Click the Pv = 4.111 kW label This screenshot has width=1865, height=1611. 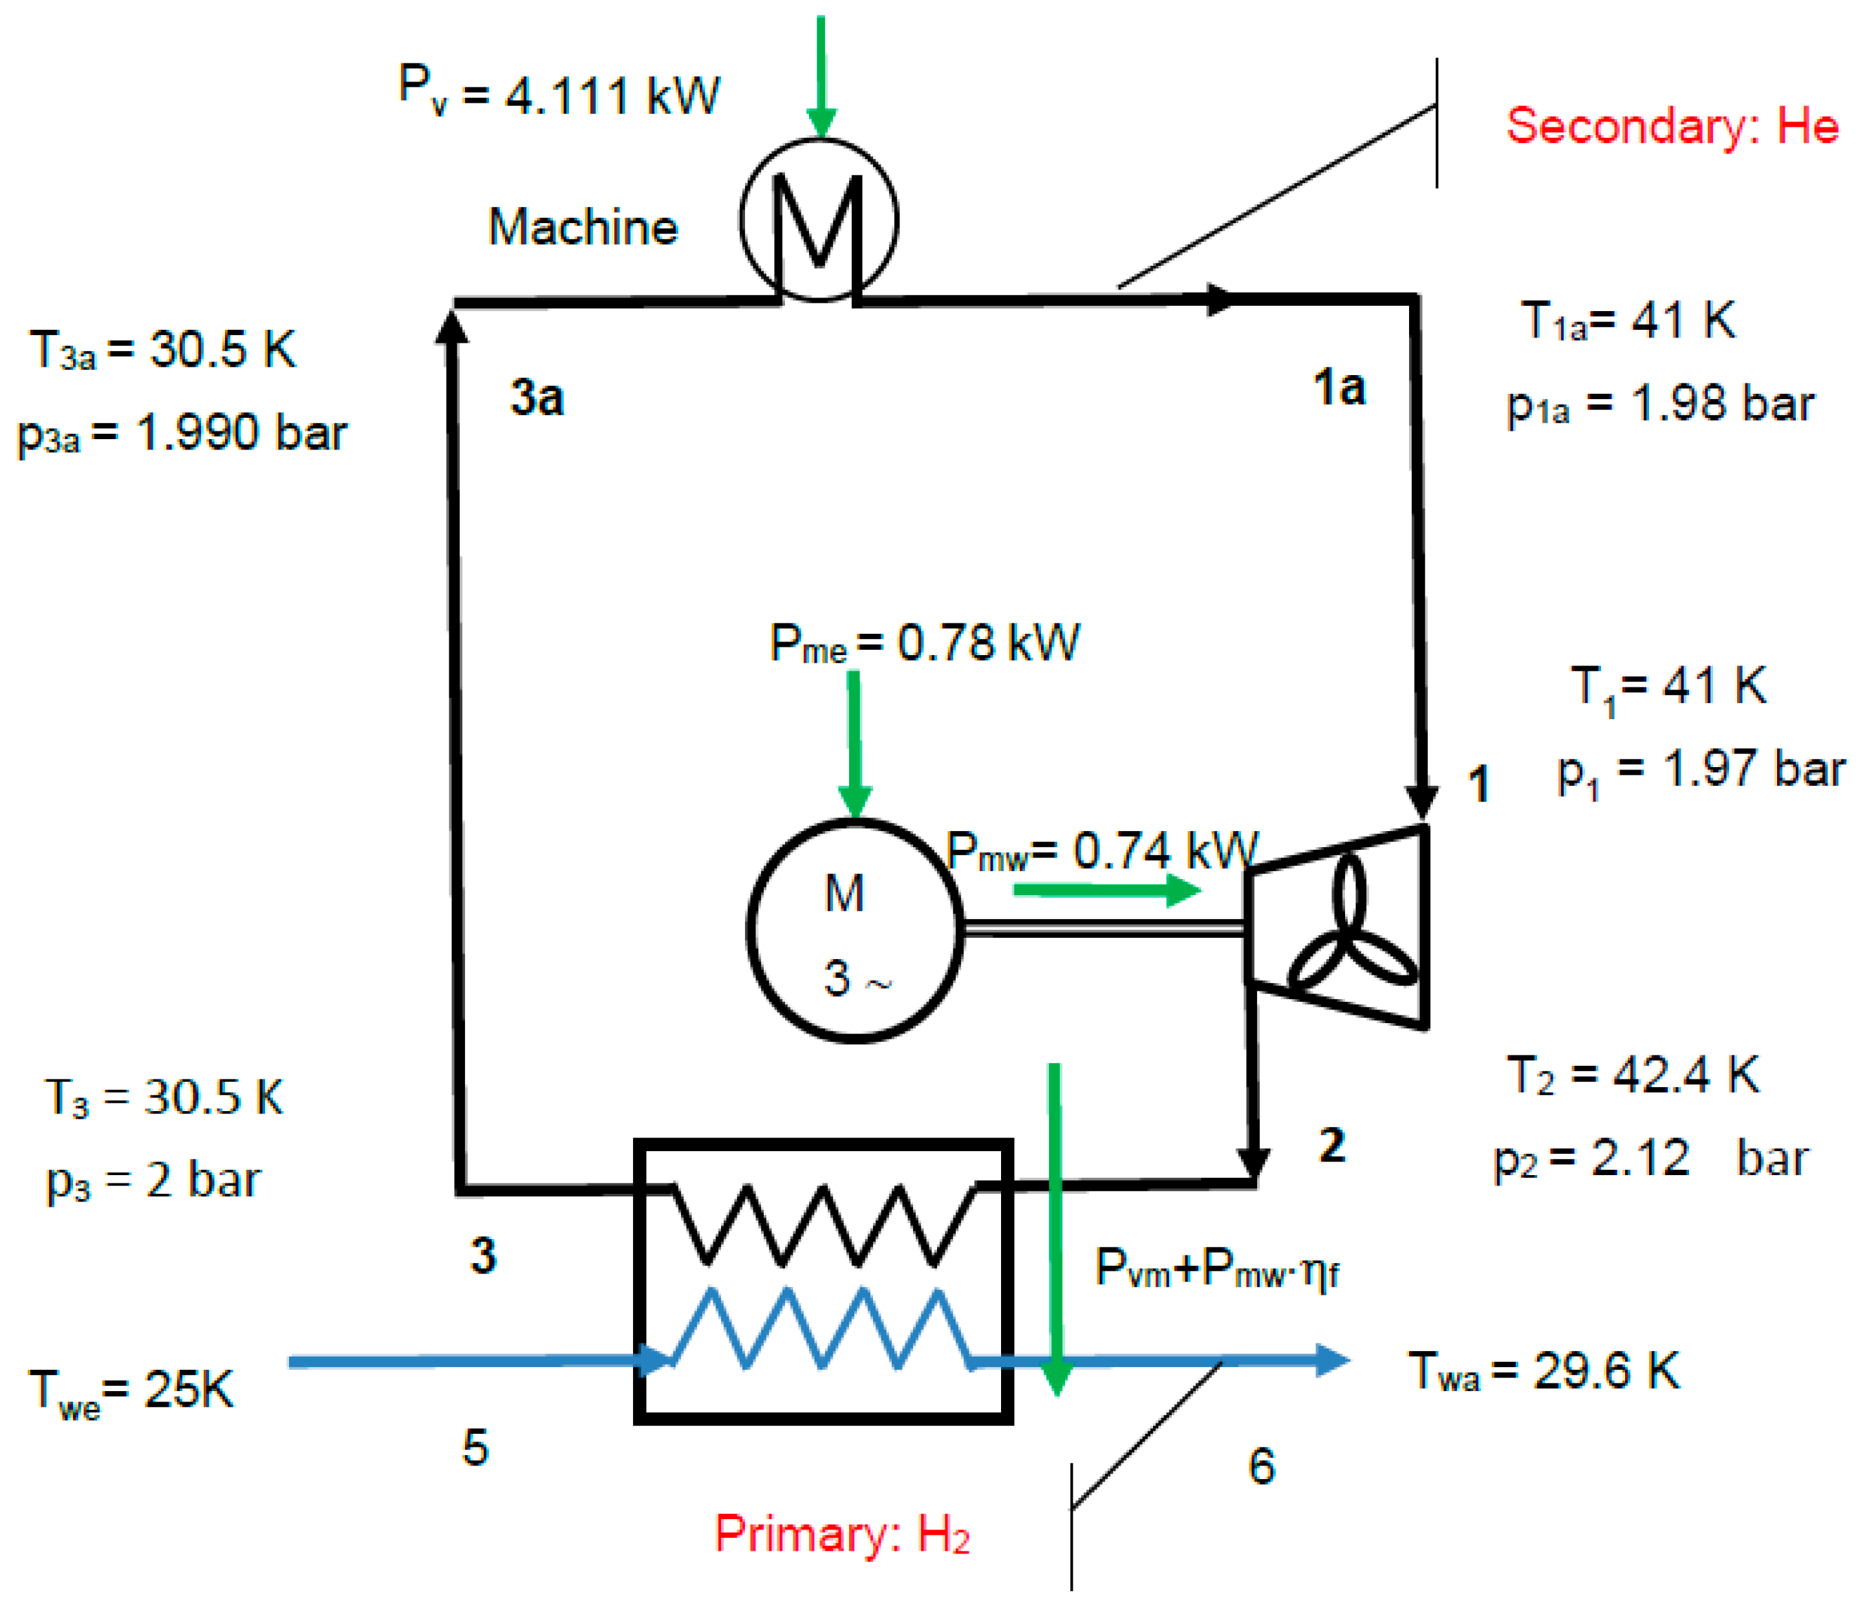(x=558, y=92)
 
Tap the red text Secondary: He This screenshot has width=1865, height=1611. (x=1672, y=125)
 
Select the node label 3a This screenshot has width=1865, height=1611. (x=537, y=397)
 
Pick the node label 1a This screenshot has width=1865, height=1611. (x=1339, y=388)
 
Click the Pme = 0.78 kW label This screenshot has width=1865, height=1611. (x=924, y=643)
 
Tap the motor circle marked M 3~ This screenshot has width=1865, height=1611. (x=854, y=931)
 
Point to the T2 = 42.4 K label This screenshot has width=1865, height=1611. (x=1632, y=1075)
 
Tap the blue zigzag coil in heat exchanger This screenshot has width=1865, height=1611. (x=821, y=1329)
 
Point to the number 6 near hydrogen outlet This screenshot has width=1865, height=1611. (x=1261, y=1465)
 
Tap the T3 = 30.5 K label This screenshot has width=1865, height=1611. (x=164, y=1098)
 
